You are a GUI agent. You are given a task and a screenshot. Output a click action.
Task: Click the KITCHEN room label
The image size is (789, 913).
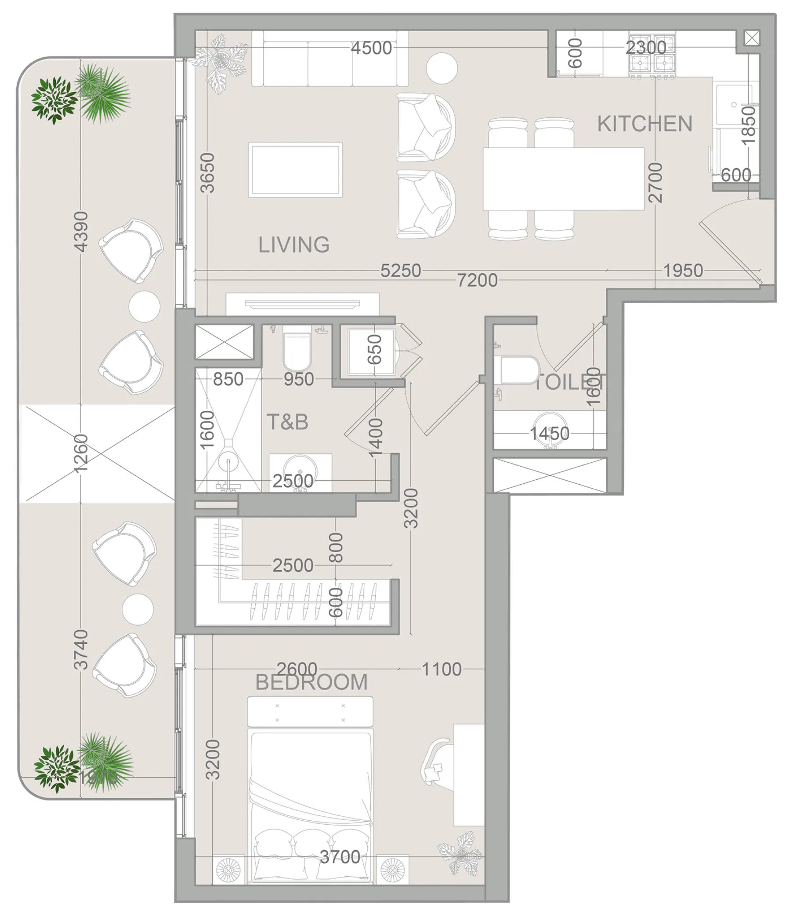pos(644,124)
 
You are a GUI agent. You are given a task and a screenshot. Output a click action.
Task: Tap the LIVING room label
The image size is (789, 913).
pos(294,245)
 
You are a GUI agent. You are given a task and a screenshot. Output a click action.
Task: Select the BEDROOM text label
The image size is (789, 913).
pos(311,682)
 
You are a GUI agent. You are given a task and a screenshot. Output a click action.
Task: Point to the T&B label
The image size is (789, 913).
pos(287,422)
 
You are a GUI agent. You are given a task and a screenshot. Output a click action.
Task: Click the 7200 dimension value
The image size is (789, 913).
pos(477,280)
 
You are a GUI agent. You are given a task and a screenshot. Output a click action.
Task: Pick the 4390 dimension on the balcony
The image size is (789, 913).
pos(81,232)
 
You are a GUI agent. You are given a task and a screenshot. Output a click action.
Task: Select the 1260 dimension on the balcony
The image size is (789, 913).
pos(81,453)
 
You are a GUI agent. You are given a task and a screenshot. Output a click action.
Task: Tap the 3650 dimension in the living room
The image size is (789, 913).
pos(207,173)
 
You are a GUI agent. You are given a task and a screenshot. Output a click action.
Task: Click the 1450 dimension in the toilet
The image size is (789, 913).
pos(549,434)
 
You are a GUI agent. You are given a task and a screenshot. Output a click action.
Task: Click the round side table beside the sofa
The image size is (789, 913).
pos(442,68)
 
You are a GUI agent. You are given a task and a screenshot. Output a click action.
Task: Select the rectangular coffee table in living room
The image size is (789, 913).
pos(295,170)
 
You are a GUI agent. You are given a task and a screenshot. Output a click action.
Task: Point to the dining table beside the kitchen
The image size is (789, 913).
pos(563,178)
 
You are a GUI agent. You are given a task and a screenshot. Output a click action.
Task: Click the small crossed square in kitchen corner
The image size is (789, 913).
pos(752,38)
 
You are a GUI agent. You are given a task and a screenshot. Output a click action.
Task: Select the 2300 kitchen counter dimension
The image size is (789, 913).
pos(646,47)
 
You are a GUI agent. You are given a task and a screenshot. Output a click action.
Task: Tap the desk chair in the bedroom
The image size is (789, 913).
pos(436,763)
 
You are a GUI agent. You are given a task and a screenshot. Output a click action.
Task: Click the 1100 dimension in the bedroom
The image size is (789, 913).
pos(442,669)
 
